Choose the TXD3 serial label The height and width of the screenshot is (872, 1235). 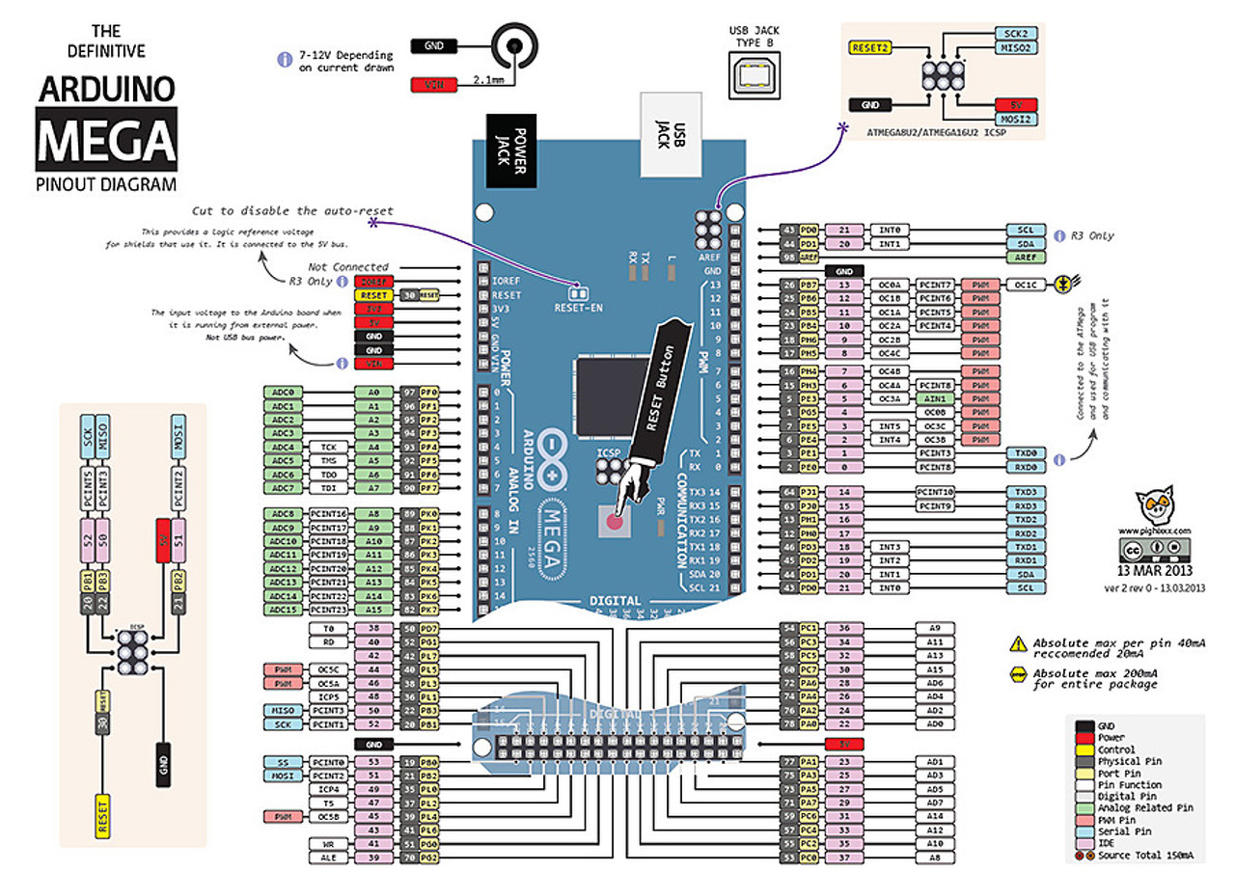pos(1026,492)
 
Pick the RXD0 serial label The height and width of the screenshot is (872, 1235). pos(1026,467)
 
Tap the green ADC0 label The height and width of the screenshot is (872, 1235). pos(283,393)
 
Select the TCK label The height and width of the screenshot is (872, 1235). pos(327,448)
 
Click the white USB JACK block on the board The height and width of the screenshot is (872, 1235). pos(672,135)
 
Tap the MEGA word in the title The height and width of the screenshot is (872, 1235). pos(106,139)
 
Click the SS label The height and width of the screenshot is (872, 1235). pos(283,762)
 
